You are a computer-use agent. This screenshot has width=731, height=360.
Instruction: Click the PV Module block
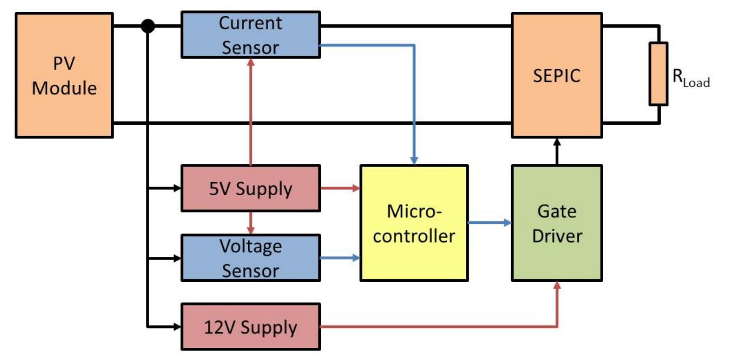(x=64, y=75)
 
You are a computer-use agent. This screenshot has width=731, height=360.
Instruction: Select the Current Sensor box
(x=250, y=35)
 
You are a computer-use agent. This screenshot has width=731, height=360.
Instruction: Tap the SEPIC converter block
(x=556, y=75)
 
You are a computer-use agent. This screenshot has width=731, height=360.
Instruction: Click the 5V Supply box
(x=250, y=188)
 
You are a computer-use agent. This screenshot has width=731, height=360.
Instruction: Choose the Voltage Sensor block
(x=250, y=258)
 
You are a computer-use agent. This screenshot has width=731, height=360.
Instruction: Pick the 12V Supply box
(x=250, y=327)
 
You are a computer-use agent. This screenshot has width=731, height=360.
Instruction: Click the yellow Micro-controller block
(x=414, y=223)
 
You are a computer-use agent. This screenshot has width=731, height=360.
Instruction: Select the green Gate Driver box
(x=556, y=223)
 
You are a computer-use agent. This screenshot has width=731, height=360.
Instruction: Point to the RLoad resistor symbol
(x=658, y=74)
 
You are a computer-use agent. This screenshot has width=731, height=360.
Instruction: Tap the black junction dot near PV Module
(x=148, y=26)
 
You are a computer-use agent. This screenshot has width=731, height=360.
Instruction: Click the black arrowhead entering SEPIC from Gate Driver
(x=557, y=142)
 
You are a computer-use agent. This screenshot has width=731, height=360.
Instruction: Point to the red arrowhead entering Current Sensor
(x=250, y=62)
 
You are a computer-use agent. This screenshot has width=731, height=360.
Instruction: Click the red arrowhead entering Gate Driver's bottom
(x=557, y=286)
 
